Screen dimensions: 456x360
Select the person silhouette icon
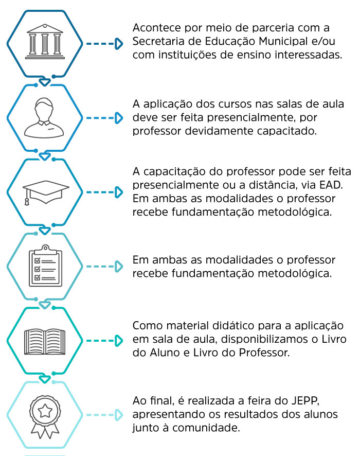tap(44, 118)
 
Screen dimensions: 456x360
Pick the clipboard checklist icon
tap(45, 266)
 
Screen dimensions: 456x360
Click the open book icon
tap(45, 341)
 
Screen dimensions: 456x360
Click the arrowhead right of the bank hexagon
tap(119, 44)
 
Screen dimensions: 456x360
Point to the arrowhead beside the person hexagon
tap(119, 118)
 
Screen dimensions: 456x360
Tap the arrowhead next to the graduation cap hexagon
tap(119, 192)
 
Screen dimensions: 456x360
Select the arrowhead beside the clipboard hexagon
tap(119, 266)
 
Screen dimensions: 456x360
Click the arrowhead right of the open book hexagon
tap(119, 341)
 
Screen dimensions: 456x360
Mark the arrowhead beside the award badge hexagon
tap(119, 415)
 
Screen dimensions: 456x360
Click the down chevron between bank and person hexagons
tap(45, 82)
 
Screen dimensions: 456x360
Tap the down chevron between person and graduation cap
tap(45, 156)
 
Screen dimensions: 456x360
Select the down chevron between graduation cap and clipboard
tap(45, 230)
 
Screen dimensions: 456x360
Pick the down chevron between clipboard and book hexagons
tap(45, 305)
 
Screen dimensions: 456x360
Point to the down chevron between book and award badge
tap(45, 379)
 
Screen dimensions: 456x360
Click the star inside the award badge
tap(45, 410)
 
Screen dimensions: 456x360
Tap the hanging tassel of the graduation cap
tap(27, 201)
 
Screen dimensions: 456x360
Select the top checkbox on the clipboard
tap(38, 261)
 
